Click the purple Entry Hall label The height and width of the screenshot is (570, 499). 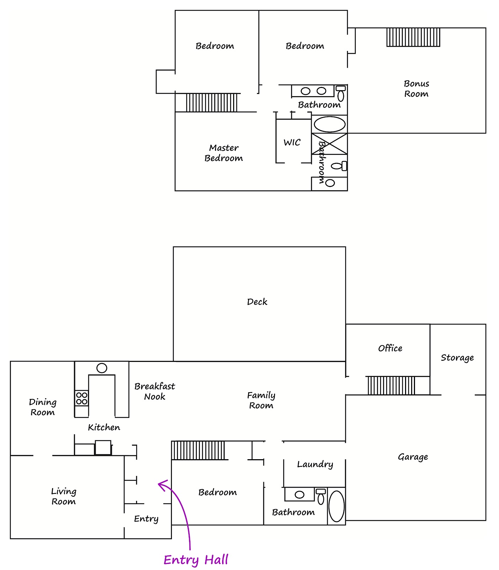196,560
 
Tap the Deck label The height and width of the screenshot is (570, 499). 257,302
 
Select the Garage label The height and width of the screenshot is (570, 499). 413,457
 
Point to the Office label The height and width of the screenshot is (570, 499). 390,348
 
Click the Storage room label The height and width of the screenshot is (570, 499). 457,358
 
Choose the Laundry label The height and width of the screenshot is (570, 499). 315,465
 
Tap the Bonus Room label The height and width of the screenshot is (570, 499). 416,89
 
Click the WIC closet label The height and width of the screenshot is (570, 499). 292,142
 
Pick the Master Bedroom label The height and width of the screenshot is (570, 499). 224,153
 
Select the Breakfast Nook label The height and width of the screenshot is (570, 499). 155,391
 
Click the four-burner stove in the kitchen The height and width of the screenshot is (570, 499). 82,398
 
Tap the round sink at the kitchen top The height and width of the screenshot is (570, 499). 102,368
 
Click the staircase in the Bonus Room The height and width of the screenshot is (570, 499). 413,37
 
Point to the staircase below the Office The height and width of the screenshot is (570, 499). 391,385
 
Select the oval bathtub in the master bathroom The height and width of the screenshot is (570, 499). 330,124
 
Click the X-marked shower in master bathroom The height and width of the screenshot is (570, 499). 329,144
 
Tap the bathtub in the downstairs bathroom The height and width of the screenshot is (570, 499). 336,506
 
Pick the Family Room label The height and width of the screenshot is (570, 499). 261,400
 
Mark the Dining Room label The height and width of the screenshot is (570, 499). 43,407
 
